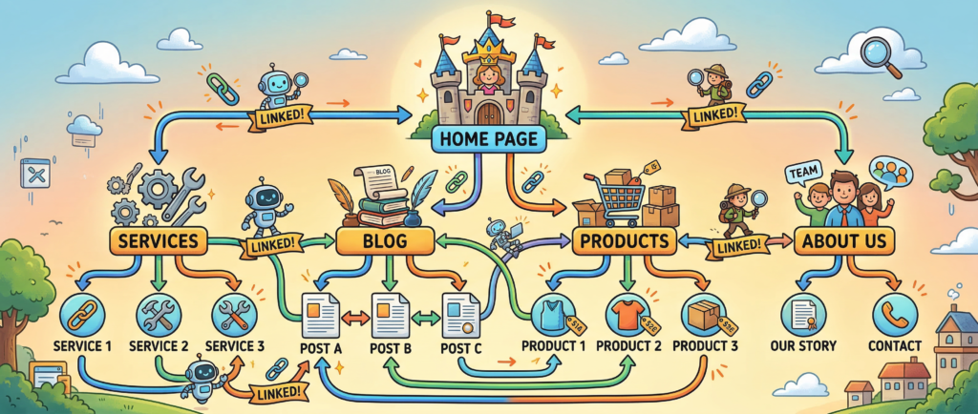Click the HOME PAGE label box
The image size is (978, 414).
[488, 139]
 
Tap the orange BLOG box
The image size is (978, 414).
[387, 240]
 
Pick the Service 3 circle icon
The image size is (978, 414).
[231, 313]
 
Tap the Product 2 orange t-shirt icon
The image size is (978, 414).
[625, 312]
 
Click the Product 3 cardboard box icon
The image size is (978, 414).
[702, 312]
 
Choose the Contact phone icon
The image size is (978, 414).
[895, 313]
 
